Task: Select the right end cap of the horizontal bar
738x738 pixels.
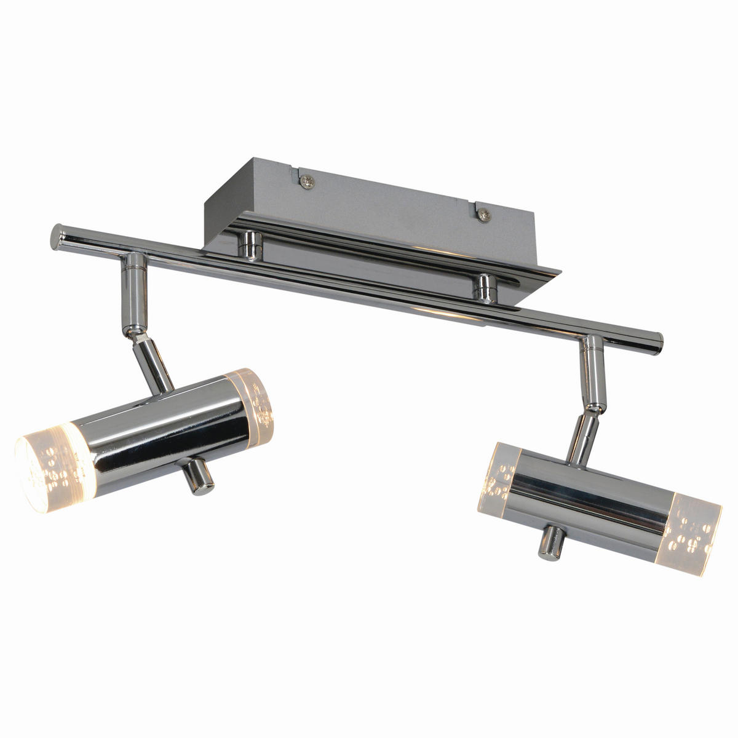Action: tap(657, 339)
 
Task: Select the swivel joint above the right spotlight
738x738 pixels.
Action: tap(593, 407)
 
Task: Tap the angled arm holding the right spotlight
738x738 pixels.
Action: tap(582, 438)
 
